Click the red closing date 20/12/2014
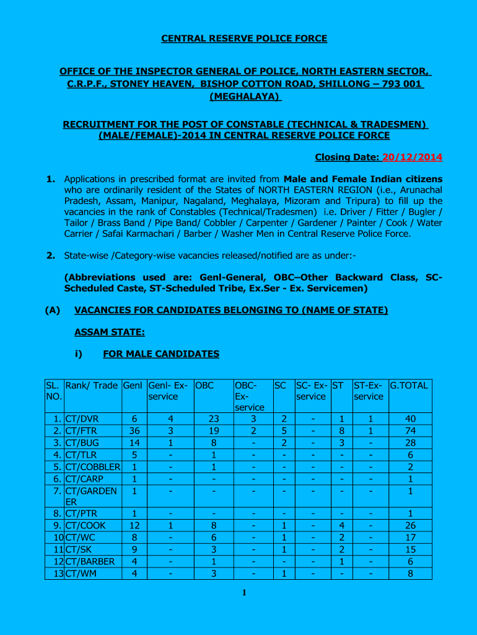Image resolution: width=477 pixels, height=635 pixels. click(412, 158)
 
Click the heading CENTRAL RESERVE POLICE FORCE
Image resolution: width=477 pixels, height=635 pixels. click(244, 38)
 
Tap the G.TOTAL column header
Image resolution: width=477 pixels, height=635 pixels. click(409, 386)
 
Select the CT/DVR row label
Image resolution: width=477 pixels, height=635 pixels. click(82, 419)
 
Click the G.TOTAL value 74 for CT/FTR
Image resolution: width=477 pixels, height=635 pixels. click(408, 431)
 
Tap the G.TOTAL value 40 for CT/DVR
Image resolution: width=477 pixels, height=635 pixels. click(408, 419)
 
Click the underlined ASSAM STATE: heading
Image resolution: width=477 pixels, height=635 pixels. click(110, 333)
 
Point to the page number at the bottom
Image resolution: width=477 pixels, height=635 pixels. click(244, 593)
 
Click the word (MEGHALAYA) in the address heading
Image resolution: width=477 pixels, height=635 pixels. click(245, 97)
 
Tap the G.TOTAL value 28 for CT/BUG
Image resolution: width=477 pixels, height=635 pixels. click(408, 443)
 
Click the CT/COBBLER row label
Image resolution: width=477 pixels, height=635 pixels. click(92, 467)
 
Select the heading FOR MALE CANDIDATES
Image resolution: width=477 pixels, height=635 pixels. click(160, 354)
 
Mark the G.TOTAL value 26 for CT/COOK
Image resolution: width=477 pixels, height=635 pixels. click(408, 526)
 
